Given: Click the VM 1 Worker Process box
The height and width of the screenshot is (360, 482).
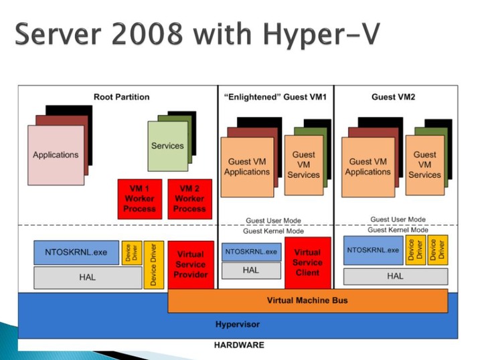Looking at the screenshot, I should [x=139, y=199].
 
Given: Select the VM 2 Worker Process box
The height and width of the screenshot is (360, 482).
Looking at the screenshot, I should [x=189, y=199].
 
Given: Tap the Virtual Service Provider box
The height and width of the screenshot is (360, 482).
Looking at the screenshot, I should [x=191, y=264].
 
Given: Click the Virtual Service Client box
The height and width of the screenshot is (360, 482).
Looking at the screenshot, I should [x=307, y=262].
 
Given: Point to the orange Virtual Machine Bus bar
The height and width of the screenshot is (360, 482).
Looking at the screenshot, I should [x=307, y=300].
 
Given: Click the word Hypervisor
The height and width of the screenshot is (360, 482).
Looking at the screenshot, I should [x=237, y=325].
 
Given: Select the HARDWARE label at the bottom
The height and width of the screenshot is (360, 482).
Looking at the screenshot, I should [x=239, y=345].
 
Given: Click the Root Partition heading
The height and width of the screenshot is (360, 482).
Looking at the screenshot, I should [x=121, y=97].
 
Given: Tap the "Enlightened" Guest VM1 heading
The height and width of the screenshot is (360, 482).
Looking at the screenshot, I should [x=274, y=97].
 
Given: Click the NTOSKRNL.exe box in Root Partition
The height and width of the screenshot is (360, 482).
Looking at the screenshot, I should [x=76, y=253].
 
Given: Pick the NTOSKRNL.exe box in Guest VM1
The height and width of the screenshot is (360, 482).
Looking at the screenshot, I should [x=250, y=252].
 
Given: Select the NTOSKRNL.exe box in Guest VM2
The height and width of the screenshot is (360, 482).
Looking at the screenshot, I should [x=372, y=250].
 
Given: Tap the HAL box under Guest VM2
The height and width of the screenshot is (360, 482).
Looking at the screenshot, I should [x=395, y=276].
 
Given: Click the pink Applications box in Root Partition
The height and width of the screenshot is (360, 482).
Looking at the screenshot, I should [x=56, y=155].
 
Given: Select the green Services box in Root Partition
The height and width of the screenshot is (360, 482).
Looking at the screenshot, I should [x=167, y=146].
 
